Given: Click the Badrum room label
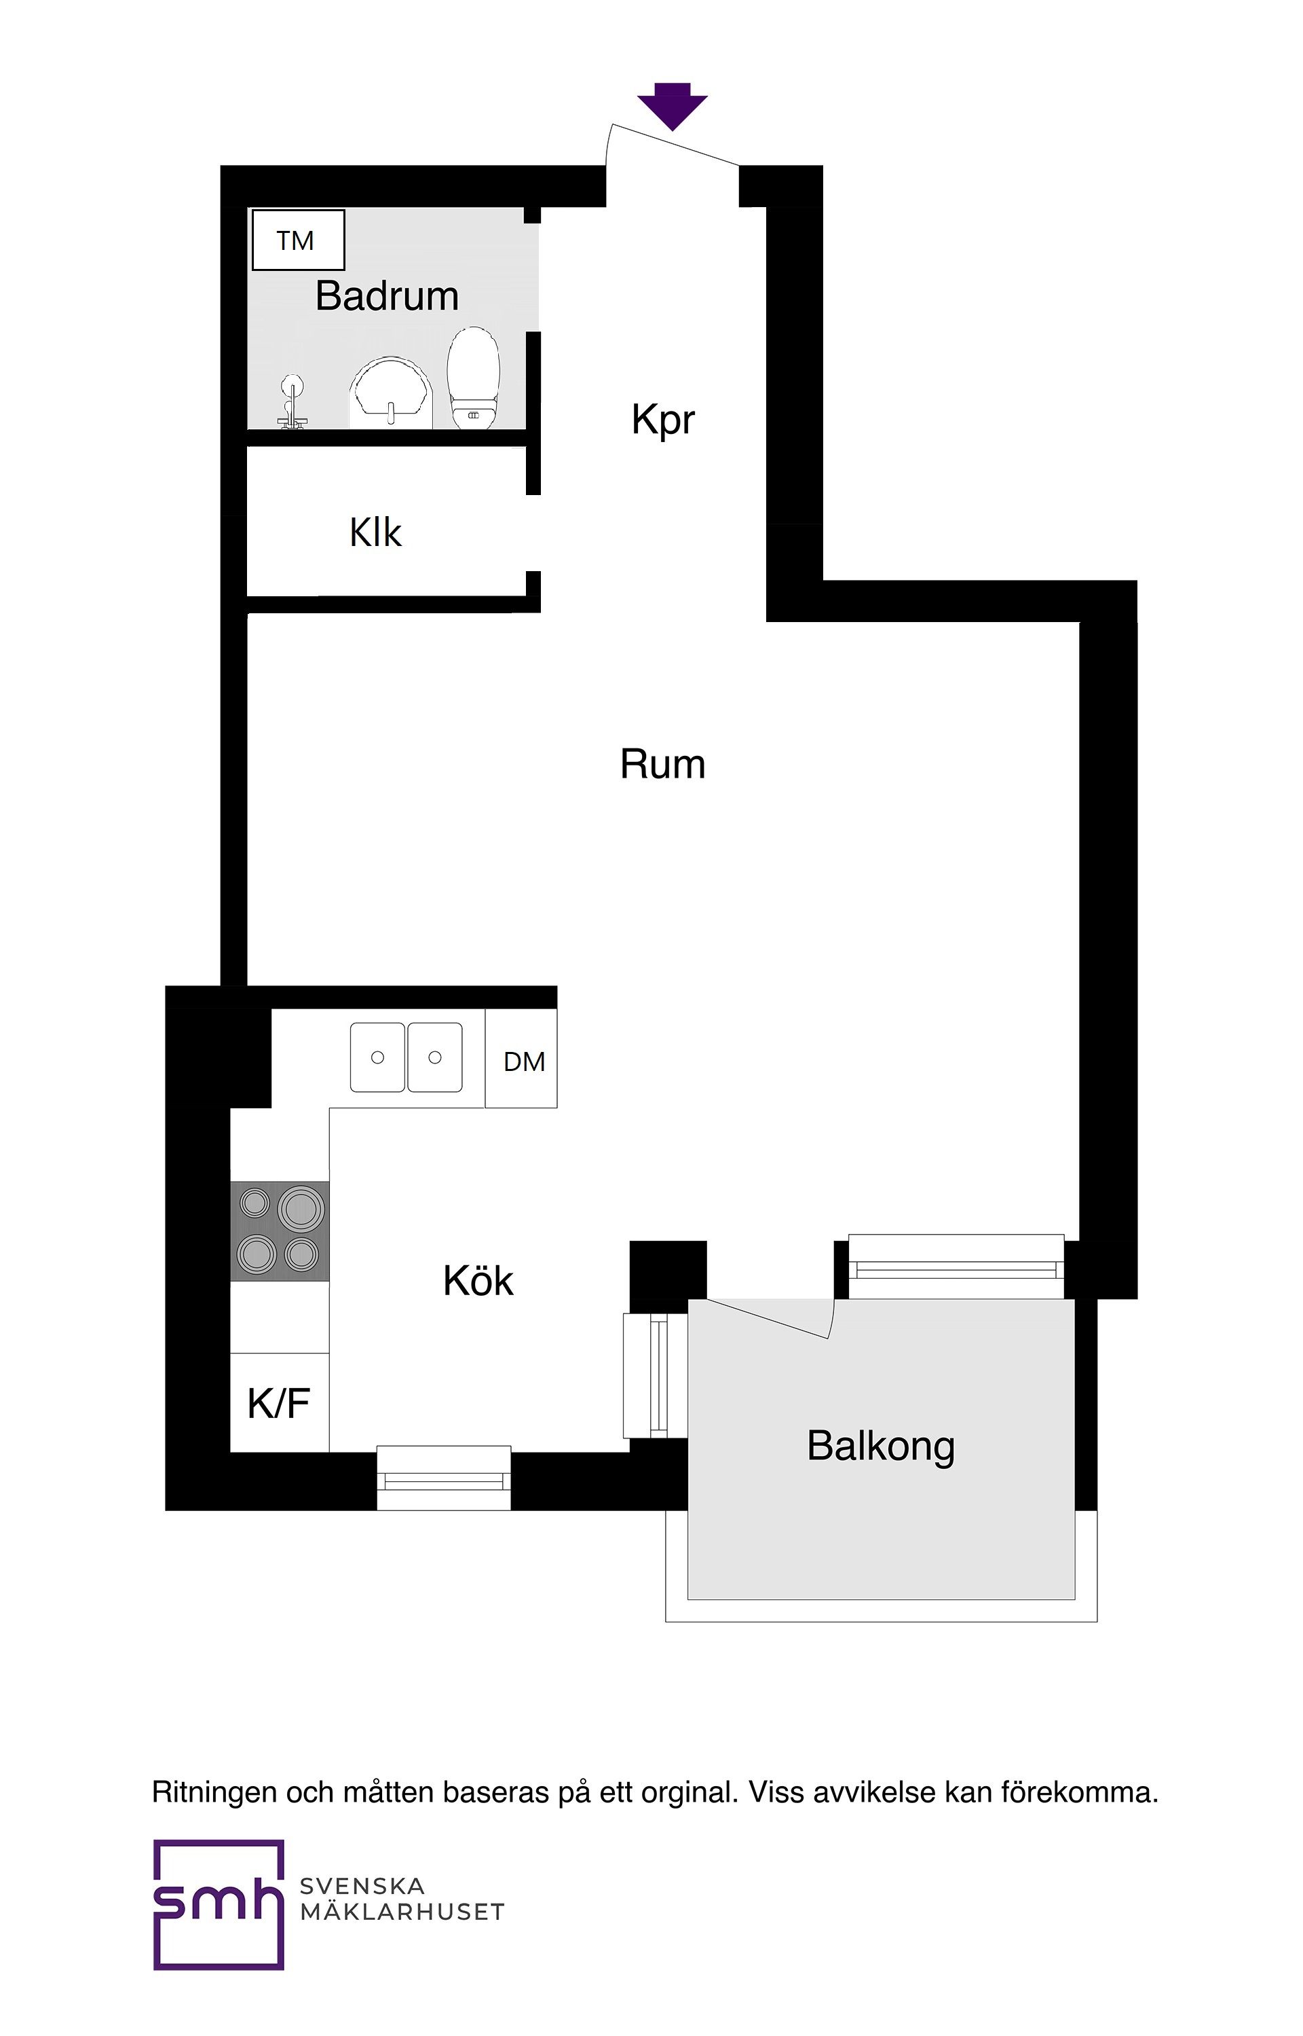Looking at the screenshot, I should tap(387, 296).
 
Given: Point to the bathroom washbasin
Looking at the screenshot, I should tap(391, 395).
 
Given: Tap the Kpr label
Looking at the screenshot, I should tap(662, 420).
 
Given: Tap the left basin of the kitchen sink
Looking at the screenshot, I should tap(377, 1057).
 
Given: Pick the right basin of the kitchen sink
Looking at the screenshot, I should tap(435, 1057).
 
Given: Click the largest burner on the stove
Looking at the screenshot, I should tap(301, 1208).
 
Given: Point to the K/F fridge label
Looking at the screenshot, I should tap(278, 1404).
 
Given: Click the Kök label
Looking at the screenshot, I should tap(478, 1281).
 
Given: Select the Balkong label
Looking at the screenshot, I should tap(881, 1446).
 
